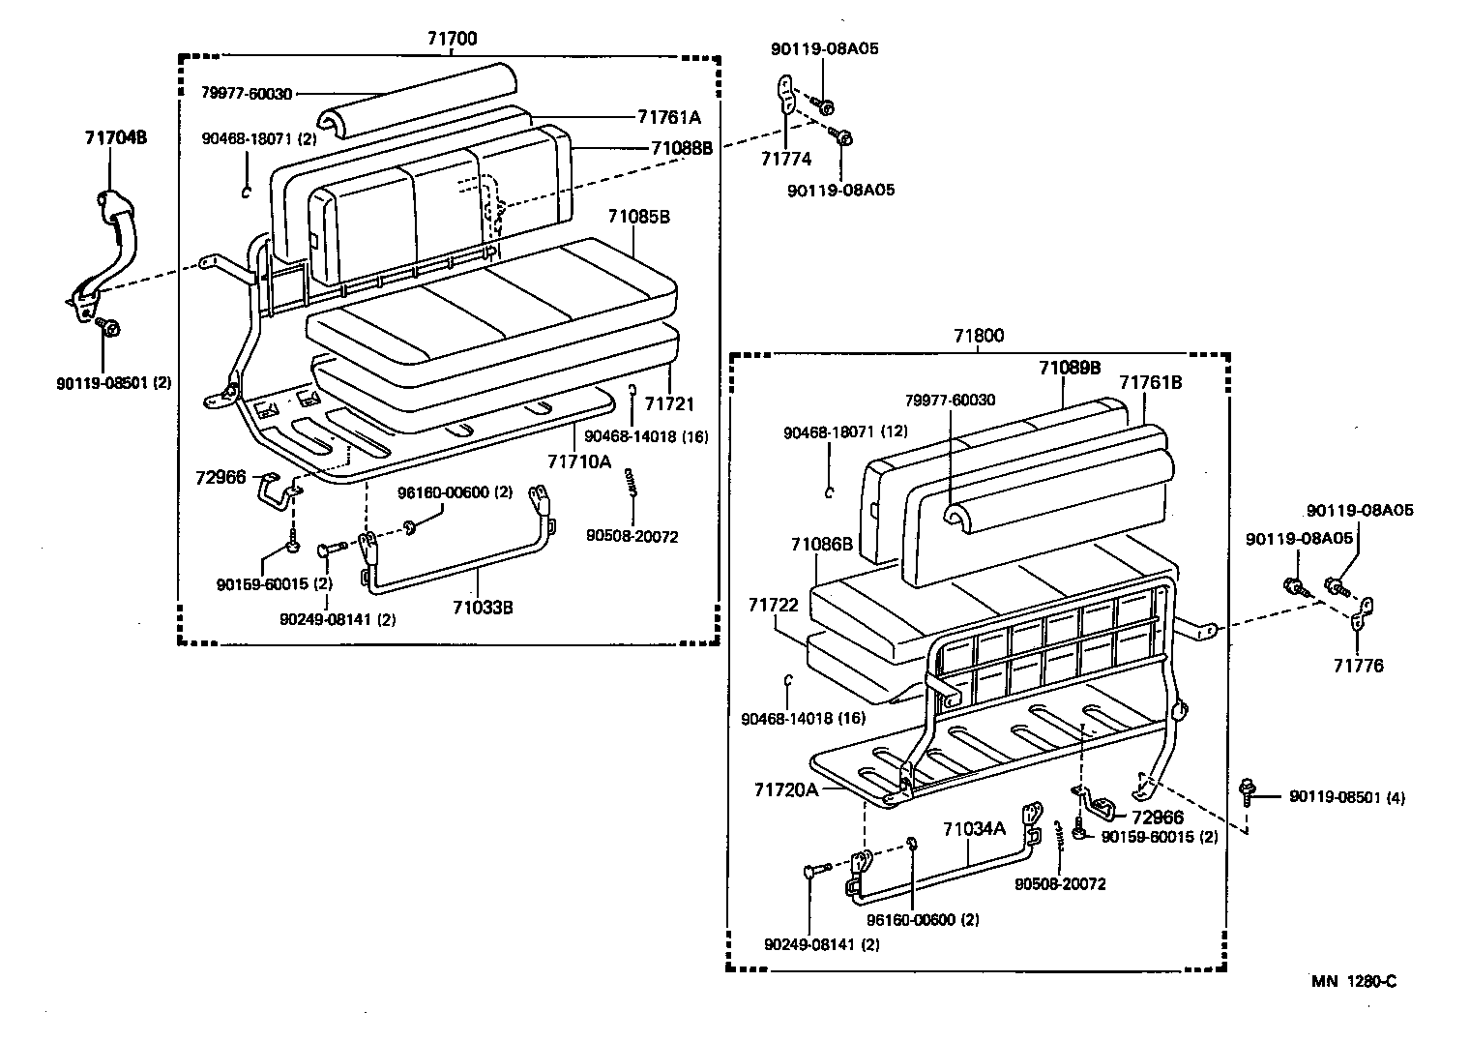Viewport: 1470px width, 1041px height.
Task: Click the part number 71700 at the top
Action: click(x=452, y=39)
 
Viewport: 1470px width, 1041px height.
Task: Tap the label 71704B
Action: click(x=115, y=137)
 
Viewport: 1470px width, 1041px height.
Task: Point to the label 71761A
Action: click(x=668, y=116)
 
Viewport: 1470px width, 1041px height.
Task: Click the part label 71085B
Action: click(x=638, y=217)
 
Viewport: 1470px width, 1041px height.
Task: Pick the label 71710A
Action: click(x=579, y=461)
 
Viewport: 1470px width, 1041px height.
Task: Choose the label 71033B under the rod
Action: click(x=482, y=608)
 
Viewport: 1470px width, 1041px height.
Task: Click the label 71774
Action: click(x=785, y=159)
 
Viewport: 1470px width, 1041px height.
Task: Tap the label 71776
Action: click(x=1358, y=666)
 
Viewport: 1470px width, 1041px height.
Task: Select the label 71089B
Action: click(x=1070, y=368)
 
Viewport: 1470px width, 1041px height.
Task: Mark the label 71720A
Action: click(x=785, y=789)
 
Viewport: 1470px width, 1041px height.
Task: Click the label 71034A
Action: click(x=974, y=828)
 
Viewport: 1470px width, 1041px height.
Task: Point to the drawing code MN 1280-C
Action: click(x=1354, y=981)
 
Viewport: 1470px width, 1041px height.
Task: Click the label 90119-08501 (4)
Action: click(x=1346, y=797)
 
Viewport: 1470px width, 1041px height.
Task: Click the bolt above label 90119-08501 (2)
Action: click(x=108, y=328)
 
